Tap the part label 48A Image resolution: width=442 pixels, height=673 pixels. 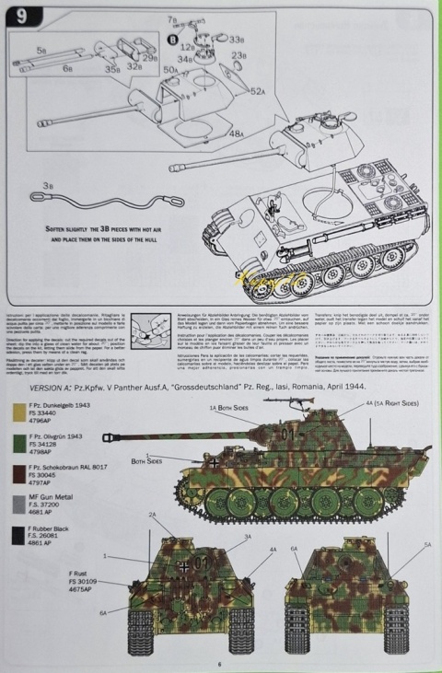click(x=237, y=134)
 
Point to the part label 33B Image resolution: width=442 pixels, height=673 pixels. click(x=236, y=40)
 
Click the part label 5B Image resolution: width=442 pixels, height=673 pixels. click(x=42, y=50)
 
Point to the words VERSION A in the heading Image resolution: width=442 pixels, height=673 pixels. click(x=37, y=389)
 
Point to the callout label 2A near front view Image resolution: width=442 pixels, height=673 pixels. click(x=153, y=515)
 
